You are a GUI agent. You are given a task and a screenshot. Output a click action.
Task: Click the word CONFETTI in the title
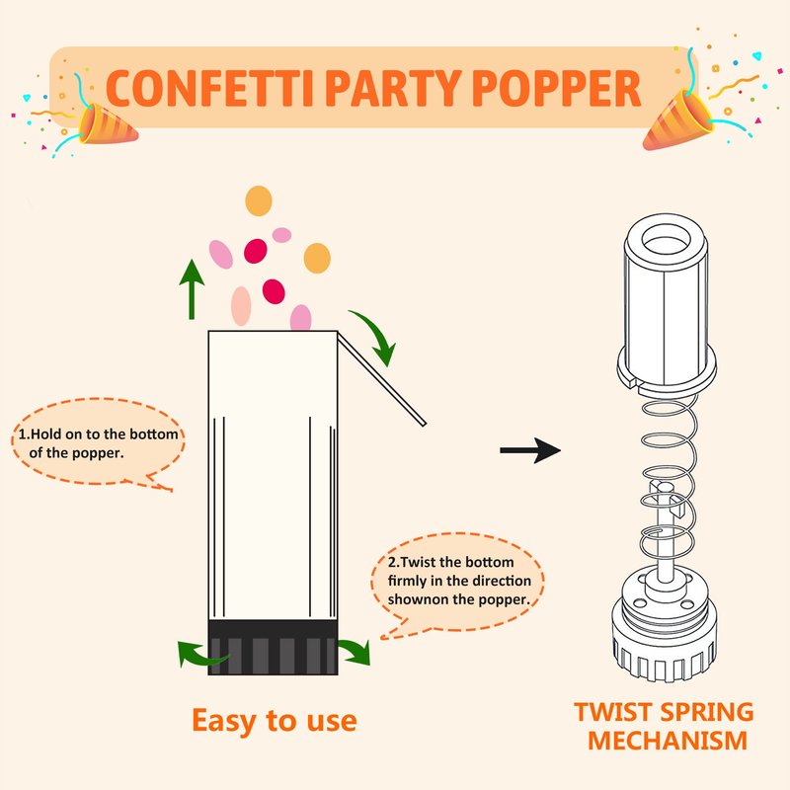(210, 88)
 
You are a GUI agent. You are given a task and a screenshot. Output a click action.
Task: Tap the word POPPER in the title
(556, 88)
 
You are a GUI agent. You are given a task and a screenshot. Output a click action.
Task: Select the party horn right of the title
(678, 119)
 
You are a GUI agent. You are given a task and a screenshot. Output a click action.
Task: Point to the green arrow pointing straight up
(192, 289)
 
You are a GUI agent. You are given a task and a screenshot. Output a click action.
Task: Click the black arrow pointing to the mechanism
(530, 450)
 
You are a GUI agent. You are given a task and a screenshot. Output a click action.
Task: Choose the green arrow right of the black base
(355, 651)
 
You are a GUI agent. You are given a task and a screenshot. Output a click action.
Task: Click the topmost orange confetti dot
(259, 200)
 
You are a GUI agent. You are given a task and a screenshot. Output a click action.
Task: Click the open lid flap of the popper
(381, 379)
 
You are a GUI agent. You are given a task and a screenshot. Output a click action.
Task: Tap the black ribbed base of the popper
(273, 648)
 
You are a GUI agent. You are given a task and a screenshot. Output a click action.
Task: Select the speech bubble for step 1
(98, 443)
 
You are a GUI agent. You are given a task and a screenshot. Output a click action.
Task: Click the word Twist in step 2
(419, 562)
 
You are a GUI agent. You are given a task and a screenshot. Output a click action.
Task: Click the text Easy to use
(275, 721)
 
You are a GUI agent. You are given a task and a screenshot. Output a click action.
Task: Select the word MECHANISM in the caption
(668, 740)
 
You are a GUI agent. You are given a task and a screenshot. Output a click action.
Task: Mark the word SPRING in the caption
(706, 712)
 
